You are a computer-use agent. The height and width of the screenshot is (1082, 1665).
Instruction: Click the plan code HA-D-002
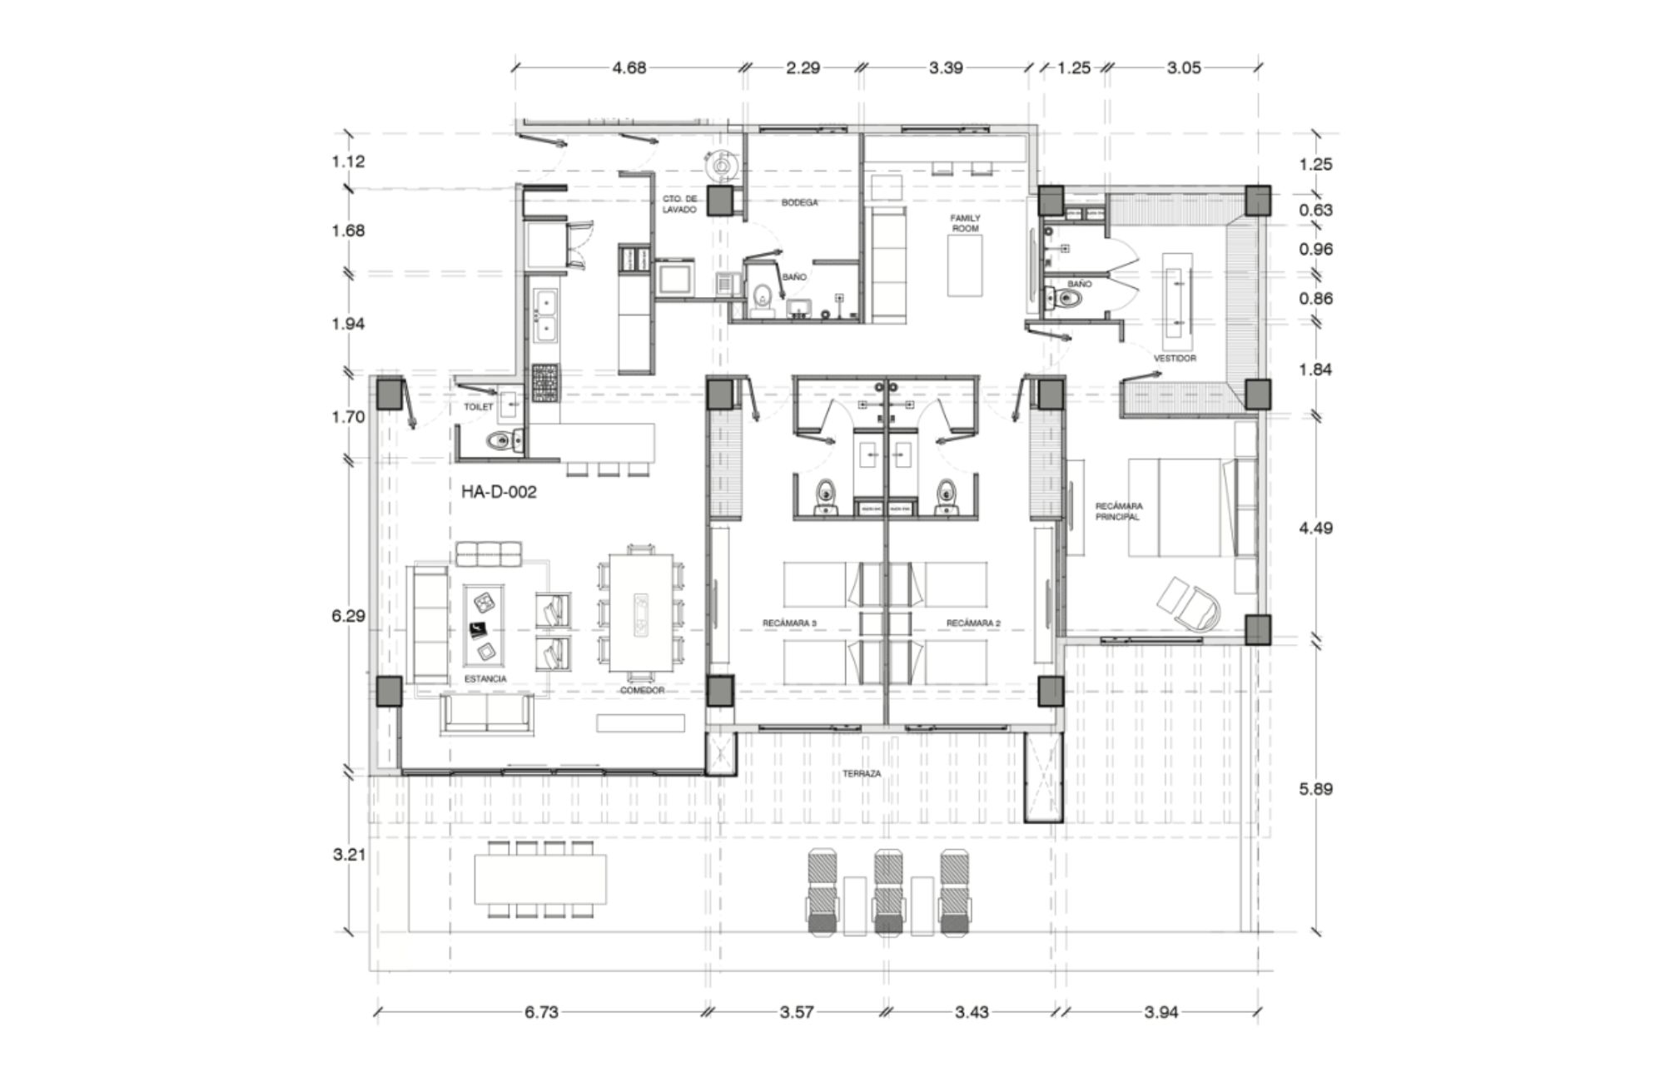(499, 492)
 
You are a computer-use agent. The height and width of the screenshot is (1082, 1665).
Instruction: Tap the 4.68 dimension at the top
(629, 67)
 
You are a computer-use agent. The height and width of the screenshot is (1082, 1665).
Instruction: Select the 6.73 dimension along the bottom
(541, 1012)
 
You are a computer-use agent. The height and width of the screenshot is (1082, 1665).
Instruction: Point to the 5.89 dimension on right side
(1315, 788)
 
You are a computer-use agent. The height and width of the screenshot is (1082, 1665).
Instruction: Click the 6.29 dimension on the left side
(348, 616)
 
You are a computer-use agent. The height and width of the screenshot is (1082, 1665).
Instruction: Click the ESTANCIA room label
(485, 679)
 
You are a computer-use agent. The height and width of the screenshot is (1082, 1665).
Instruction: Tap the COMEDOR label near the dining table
(642, 691)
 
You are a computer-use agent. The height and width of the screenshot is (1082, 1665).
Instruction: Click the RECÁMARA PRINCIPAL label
(1118, 511)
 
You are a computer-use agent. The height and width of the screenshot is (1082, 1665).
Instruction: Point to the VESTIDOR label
(1175, 359)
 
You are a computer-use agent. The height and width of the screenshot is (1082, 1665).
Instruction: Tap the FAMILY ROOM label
(966, 223)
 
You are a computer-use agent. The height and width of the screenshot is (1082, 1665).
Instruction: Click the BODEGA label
(799, 203)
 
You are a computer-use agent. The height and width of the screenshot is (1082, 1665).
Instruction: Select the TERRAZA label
(861, 774)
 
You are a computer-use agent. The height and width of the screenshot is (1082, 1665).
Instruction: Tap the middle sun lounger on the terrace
(888, 891)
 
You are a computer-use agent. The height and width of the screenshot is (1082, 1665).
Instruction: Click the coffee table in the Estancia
(483, 624)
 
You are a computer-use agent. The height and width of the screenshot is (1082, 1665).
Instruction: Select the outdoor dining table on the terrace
(540, 879)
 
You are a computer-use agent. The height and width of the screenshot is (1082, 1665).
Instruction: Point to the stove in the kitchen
(545, 383)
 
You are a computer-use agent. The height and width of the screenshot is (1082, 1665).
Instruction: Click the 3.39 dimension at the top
(946, 67)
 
